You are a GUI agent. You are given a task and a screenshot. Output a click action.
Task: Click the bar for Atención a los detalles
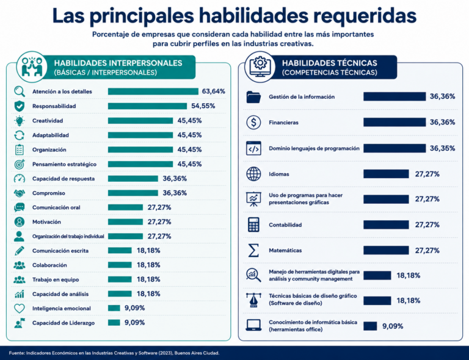coord(153,92)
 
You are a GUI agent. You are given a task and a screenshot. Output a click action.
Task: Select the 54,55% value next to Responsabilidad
coord(203,106)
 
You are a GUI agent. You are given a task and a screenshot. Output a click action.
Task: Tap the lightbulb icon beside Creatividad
coord(19,121)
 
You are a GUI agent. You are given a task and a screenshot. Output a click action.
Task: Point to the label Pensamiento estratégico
coord(64,164)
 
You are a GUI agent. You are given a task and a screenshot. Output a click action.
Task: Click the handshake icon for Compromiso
coord(20,193)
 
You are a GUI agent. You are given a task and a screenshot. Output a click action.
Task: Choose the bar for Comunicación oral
coord(125,207)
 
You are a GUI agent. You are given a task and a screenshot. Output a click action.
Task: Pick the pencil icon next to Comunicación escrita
coord(19,251)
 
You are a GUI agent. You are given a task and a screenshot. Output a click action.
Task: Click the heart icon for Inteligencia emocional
coord(19,308)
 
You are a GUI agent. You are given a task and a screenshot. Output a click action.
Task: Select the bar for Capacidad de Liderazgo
coord(114,323)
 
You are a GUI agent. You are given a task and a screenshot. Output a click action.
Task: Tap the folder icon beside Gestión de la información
coord(253,97)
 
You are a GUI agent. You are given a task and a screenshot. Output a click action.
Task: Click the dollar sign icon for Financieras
coord(253,123)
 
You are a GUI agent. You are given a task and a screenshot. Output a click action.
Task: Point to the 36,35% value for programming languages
coord(442,148)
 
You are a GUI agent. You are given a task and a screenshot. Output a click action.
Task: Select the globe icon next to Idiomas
coord(253,174)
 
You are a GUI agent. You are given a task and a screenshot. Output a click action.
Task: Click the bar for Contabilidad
coord(386,225)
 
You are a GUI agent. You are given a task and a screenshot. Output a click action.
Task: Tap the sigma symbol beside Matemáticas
coord(253,250)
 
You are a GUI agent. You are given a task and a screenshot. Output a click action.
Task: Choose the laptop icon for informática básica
coord(253,325)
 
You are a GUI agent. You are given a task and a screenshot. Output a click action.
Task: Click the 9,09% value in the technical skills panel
coord(393,326)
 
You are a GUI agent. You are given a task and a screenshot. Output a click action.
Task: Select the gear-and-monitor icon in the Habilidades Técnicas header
coord(260,67)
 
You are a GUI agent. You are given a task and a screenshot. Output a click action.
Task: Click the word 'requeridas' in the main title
coord(365,16)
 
